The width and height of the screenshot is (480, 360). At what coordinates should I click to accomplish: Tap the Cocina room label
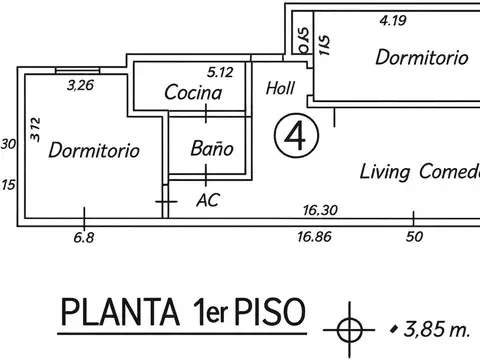click(x=193, y=92)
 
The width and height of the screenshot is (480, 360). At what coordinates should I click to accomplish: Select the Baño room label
click(x=211, y=148)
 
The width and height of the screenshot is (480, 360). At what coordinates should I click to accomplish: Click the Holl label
click(x=280, y=87)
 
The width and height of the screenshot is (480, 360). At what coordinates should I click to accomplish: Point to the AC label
click(x=208, y=200)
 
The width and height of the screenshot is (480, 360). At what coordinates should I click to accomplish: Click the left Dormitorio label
click(x=93, y=151)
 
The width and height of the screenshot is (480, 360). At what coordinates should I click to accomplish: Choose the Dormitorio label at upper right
click(x=421, y=58)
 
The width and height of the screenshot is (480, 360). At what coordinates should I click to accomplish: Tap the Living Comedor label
click(x=419, y=172)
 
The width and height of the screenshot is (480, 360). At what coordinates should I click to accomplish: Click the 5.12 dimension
click(x=219, y=72)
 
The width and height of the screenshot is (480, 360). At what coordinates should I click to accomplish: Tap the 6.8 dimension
click(x=84, y=237)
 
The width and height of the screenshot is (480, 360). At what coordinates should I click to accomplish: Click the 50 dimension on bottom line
click(x=413, y=237)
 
